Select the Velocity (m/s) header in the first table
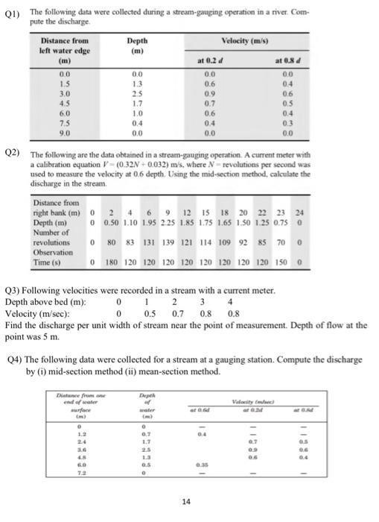(x=252, y=40)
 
